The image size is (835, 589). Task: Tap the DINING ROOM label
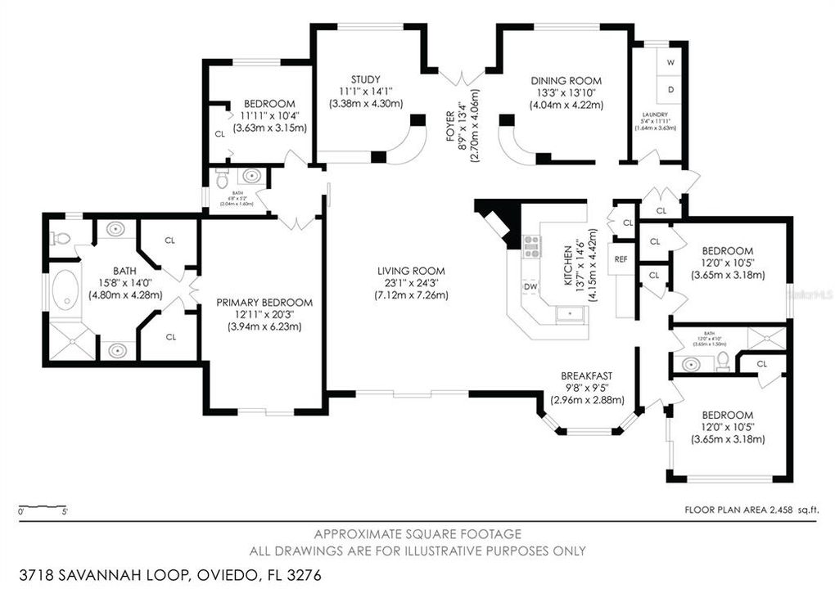[x=566, y=80]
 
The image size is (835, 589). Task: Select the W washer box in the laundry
[x=670, y=62]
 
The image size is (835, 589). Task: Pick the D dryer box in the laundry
[x=670, y=88]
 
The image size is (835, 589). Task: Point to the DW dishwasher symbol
[x=530, y=286]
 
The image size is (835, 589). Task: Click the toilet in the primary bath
[x=61, y=239]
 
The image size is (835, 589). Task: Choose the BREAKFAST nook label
[x=587, y=376]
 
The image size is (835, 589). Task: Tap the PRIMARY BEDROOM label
[x=264, y=302]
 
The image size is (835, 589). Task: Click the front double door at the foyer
[x=462, y=78]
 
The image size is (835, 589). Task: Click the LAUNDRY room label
[x=655, y=115]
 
